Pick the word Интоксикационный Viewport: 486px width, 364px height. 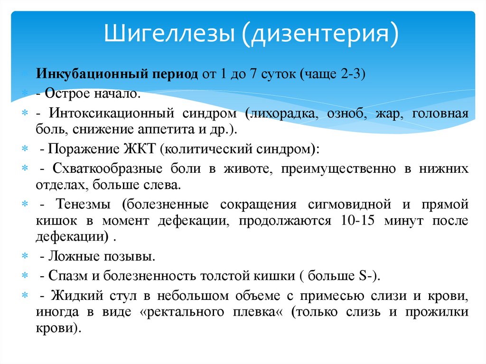tap(106, 114)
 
